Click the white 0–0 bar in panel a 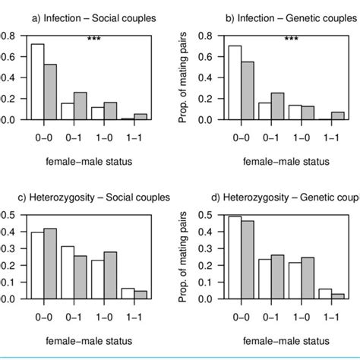(37, 82)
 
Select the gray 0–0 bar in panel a (51, 92)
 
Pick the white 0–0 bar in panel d (235, 257)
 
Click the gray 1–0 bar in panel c (111, 275)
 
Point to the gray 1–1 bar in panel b (338, 115)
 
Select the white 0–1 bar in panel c (68, 272)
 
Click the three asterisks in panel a (93, 39)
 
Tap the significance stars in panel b (291, 39)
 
